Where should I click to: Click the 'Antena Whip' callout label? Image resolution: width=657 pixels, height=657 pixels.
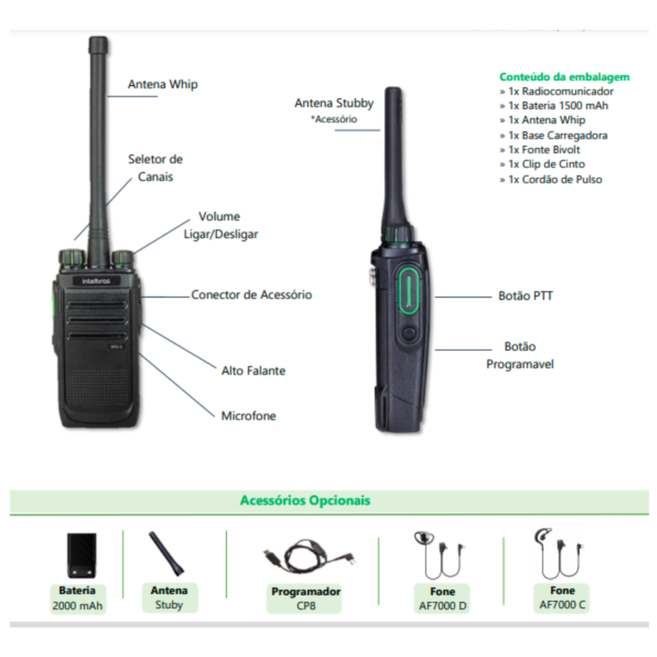pyautogui.click(x=162, y=84)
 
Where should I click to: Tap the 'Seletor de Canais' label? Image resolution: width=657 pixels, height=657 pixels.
pyautogui.click(x=156, y=168)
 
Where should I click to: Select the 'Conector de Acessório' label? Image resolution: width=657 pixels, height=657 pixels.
pyautogui.click(x=252, y=294)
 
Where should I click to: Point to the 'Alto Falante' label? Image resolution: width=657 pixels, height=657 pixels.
pyautogui.click(x=254, y=371)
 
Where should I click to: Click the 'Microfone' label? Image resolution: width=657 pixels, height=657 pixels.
pyautogui.click(x=248, y=416)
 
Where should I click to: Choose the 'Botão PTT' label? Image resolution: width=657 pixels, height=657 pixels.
pyautogui.click(x=526, y=296)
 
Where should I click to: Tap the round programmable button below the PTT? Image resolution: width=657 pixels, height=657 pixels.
pyautogui.click(x=409, y=334)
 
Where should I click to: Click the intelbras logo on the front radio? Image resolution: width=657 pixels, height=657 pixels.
pyautogui.click(x=96, y=281)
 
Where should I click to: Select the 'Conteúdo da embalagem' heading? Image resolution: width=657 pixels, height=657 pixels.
pyautogui.click(x=564, y=77)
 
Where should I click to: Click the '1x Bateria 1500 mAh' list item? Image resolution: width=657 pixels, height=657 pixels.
pyautogui.click(x=554, y=106)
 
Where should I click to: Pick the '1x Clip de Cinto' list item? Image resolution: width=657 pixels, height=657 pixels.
pyautogui.click(x=542, y=164)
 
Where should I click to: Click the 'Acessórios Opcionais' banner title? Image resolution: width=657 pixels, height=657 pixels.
pyautogui.click(x=305, y=500)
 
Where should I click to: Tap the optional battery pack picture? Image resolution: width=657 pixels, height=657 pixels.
pyautogui.click(x=81, y=555)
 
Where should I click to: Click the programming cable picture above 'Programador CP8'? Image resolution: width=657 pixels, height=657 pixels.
pyautogui.click(x=309, y=556)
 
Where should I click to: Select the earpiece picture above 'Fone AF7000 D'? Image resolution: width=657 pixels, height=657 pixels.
pyautogui.click(x=440, y=555)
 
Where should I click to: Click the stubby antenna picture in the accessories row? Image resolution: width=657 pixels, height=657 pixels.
pyautogui.click(x=166, y=554)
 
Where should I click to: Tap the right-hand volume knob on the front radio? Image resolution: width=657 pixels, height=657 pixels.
pyautogui.click(x=123, y=259)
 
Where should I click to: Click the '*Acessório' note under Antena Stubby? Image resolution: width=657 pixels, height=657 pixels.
pyautogui.click(x=334, y=120)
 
